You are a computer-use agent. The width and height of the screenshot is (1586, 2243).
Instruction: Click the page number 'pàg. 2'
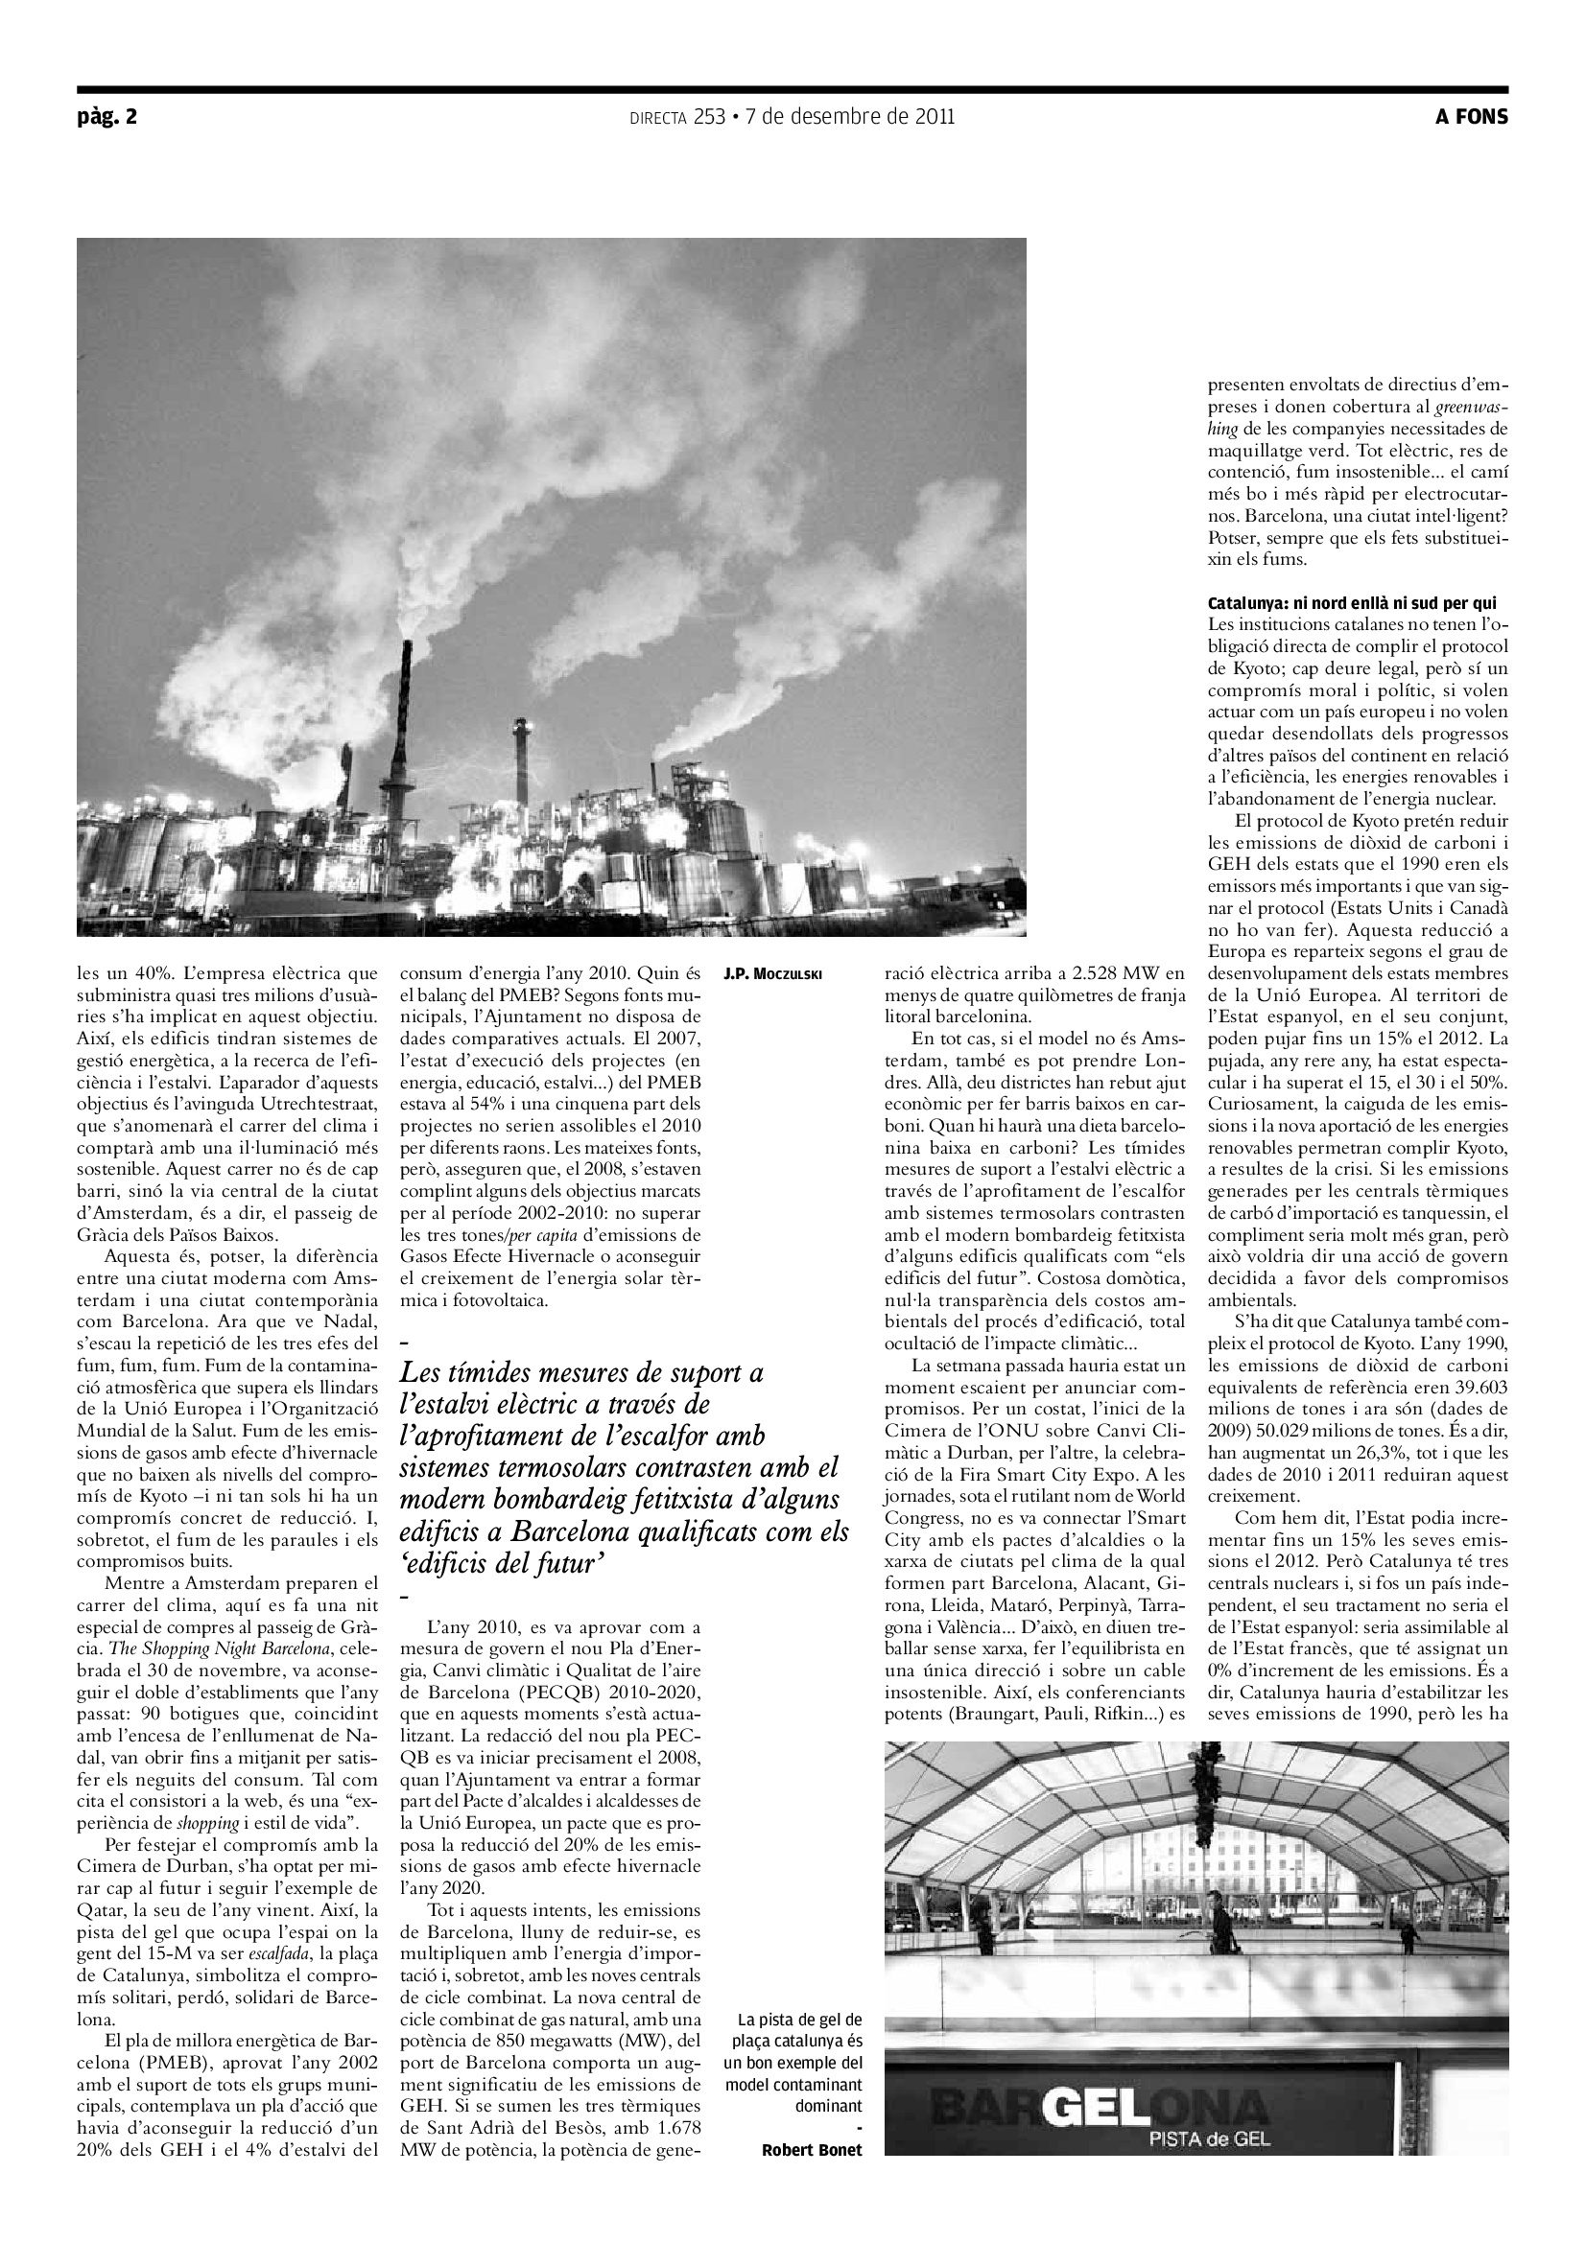107,117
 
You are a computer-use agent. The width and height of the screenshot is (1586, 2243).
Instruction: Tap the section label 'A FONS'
1471,117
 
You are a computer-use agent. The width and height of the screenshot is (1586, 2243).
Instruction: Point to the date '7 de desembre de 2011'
849,117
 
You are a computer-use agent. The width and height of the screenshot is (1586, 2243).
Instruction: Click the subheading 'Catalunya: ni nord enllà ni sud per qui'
1352,603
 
